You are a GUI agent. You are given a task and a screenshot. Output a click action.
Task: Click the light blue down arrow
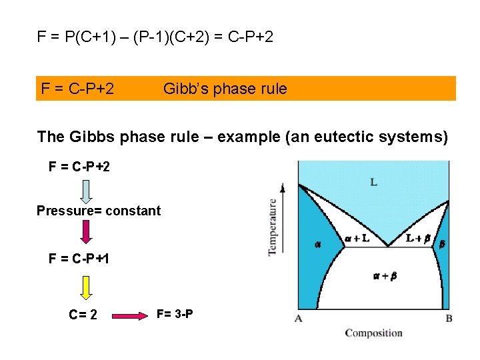tap(87, 189)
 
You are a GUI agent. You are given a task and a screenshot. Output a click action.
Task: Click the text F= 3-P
tap(175, 313)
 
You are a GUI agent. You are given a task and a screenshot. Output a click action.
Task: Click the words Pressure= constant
tap(99, 211)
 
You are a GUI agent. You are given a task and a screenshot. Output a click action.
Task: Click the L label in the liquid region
tap(373, 182)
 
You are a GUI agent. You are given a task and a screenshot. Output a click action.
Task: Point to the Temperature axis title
tap(273, 226)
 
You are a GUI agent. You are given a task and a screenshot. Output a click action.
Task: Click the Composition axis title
tap(373, 333)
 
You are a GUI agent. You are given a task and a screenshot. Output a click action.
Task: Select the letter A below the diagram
tap(299, 319)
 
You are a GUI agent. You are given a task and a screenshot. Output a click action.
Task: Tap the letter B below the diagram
tap(449, 319)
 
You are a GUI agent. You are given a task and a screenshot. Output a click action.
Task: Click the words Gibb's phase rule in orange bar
tap(225, 89)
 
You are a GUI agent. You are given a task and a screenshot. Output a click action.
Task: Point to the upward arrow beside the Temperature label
tap(283, 220)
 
